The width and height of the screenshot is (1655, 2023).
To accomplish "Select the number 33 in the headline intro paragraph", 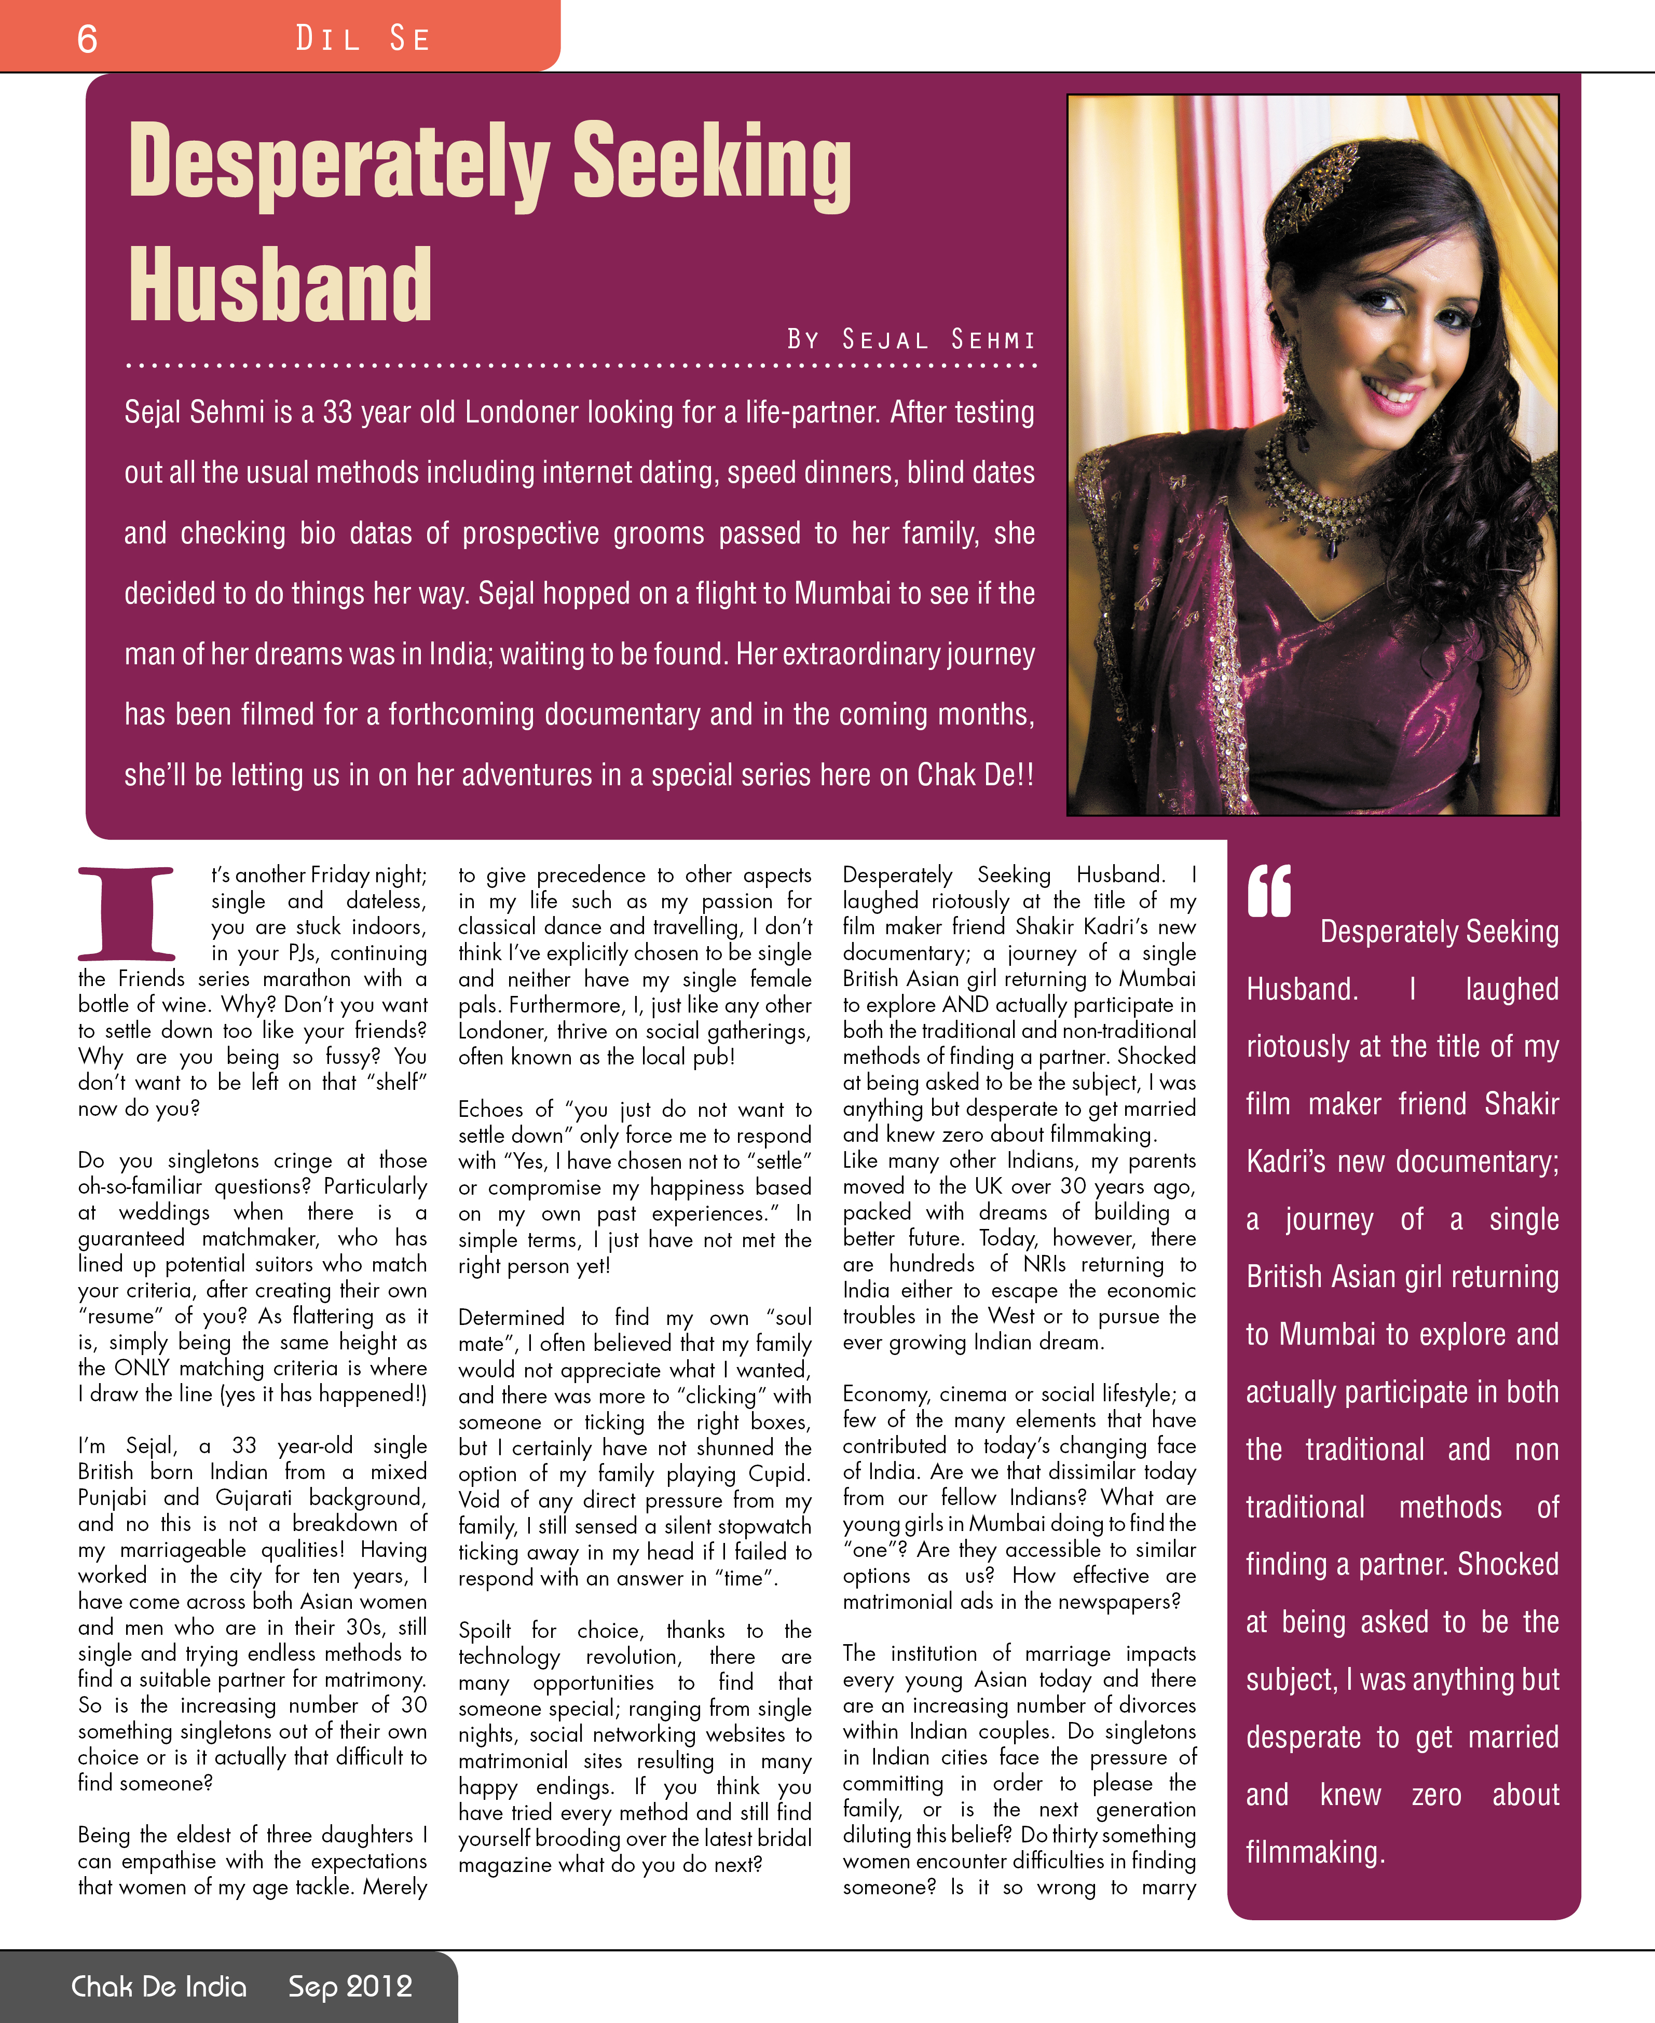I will [336, 413].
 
